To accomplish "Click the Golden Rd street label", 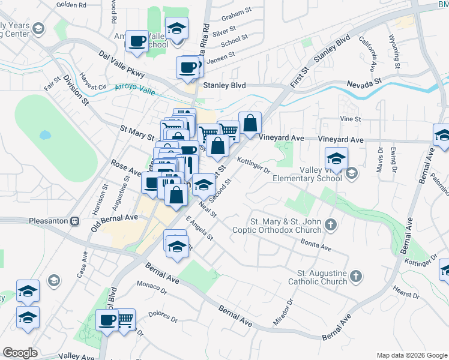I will point(71,4).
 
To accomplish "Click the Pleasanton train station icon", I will point(74,220).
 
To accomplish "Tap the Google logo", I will point(20,353).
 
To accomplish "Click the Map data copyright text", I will point(411,355).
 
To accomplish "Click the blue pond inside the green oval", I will point(44,134).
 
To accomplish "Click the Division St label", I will point(76,91).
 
